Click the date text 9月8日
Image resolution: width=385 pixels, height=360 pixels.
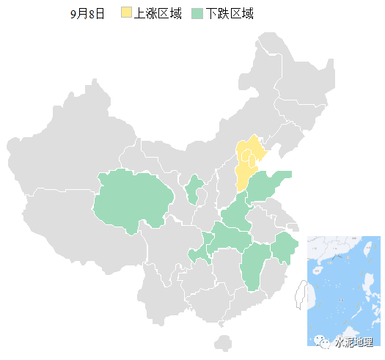point(87,14)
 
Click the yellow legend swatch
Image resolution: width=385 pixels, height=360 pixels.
point(126,13)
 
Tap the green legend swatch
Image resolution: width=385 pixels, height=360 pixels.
point(197,13)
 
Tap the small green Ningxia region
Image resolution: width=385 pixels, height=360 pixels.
point(194,188)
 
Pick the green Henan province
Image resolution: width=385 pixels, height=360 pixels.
point(236,215)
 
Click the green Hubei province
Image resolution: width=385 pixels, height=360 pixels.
point(232,238)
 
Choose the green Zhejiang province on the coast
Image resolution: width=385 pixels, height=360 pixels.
point(284,248)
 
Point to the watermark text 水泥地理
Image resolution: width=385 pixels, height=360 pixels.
point(353,342)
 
